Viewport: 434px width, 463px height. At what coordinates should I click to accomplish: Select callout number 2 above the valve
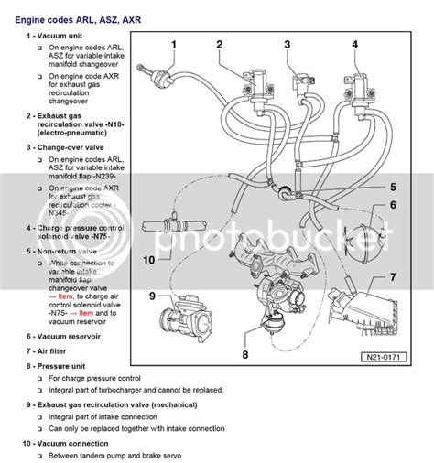220,44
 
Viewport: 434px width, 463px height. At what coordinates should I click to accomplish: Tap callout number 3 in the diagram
287,44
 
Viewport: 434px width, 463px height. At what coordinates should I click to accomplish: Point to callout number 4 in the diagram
355,44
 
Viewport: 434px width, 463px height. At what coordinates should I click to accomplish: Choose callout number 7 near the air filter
392,277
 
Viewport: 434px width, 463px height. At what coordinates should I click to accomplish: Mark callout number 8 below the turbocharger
245,353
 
